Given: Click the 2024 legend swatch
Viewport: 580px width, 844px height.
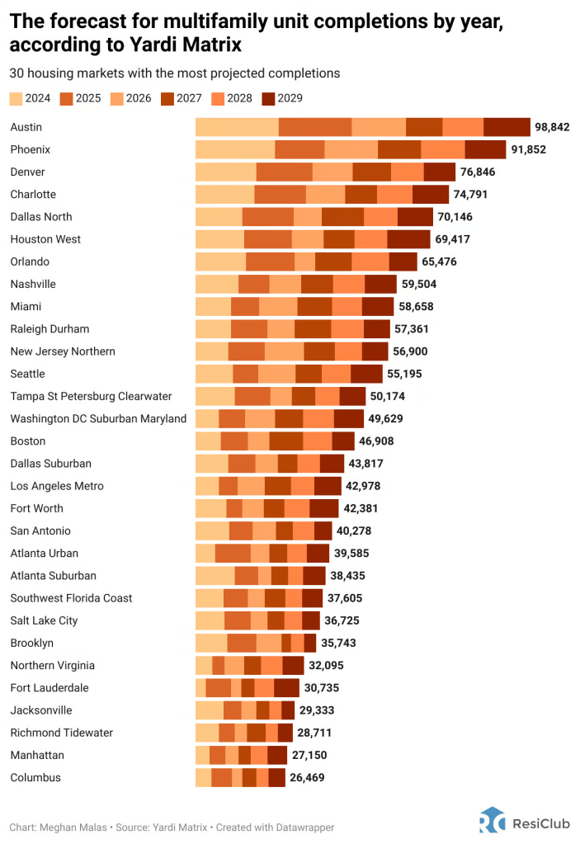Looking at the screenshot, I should [x=17, y=98].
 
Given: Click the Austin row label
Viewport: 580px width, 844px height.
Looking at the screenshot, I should [x=26, y=127].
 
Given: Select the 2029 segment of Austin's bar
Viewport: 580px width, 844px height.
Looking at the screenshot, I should [x=507, y=127].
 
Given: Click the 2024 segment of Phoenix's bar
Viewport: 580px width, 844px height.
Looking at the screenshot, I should [x=235, y=149].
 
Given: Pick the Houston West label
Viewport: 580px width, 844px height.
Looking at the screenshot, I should [x=45, y=239].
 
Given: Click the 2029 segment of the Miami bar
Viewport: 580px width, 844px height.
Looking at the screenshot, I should [x=377, y=306].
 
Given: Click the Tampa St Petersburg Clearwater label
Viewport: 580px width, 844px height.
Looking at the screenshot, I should [x=91, y=396].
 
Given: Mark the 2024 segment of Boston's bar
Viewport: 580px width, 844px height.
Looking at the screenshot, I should [x=208, y=441].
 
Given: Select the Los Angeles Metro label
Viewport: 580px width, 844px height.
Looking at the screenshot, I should [x=57, y=486].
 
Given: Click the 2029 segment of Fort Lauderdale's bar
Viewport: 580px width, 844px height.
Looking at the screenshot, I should [x=286, y=687].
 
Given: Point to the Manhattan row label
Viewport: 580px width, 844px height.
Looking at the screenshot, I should [x=37, y=755].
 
